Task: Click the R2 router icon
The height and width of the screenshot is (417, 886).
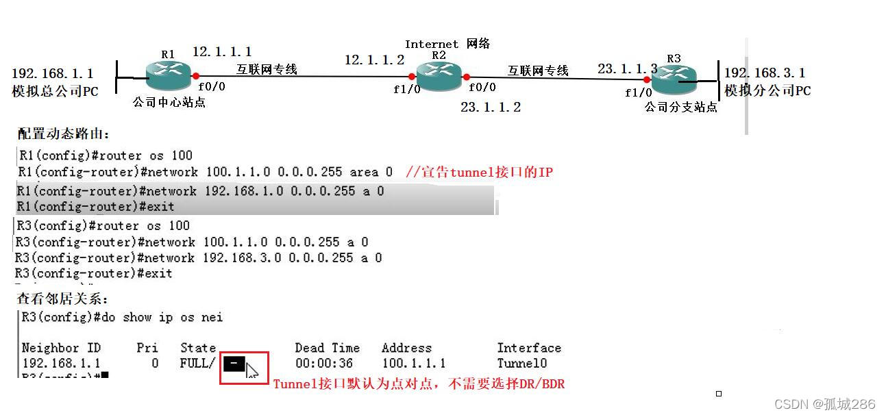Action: (x=439, y=75)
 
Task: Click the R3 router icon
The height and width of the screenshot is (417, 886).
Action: (x=674, y=79)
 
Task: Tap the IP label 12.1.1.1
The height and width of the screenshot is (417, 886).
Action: (x=222, y=52)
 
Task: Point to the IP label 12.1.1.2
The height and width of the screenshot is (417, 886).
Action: (x=374, y=60)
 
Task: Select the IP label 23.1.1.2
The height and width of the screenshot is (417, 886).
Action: (x=491, y=107)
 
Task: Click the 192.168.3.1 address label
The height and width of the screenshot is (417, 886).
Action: (x=765, y=73)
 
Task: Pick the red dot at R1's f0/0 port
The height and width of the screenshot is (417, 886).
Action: (x=196, y=76)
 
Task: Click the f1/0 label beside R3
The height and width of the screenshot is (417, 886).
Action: (x=638, y=93)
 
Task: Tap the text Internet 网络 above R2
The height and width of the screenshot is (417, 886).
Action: (x=447, y=44)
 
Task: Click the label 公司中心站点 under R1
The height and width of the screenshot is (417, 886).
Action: (x=169, y=103)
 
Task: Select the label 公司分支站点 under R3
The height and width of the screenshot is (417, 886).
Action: (x=680, y=108)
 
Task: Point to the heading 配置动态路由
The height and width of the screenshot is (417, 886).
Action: (x=63, y=134)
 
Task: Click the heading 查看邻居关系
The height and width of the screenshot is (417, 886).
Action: (x=62, y=299)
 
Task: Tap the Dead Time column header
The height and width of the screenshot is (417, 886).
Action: (x=327, y=348)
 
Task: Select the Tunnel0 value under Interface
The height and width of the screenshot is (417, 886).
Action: (x=522, y=364)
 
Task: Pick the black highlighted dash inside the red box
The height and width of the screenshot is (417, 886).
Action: (x=234, y=364)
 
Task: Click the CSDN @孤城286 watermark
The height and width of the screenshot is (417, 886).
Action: (x=825, y=404)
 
